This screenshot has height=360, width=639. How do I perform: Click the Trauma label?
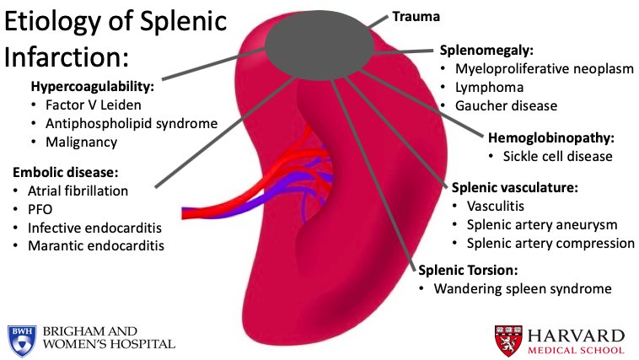pyautogui.click(x=415, y=15)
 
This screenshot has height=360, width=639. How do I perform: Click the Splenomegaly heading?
pyautogui.click(x=486, y=51)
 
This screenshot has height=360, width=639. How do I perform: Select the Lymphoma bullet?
pyautogui.click(x=489, y=87)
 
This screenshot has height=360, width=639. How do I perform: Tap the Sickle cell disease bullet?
pyautogui.click(x=558, y=156)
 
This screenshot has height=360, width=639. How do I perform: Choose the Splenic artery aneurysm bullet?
pyautogui.click(x=536, y=224)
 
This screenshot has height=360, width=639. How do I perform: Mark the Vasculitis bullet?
pyautogui.click(x=489, y=206)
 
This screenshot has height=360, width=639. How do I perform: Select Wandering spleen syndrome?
pyautogui.click(x=522, y=289)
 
